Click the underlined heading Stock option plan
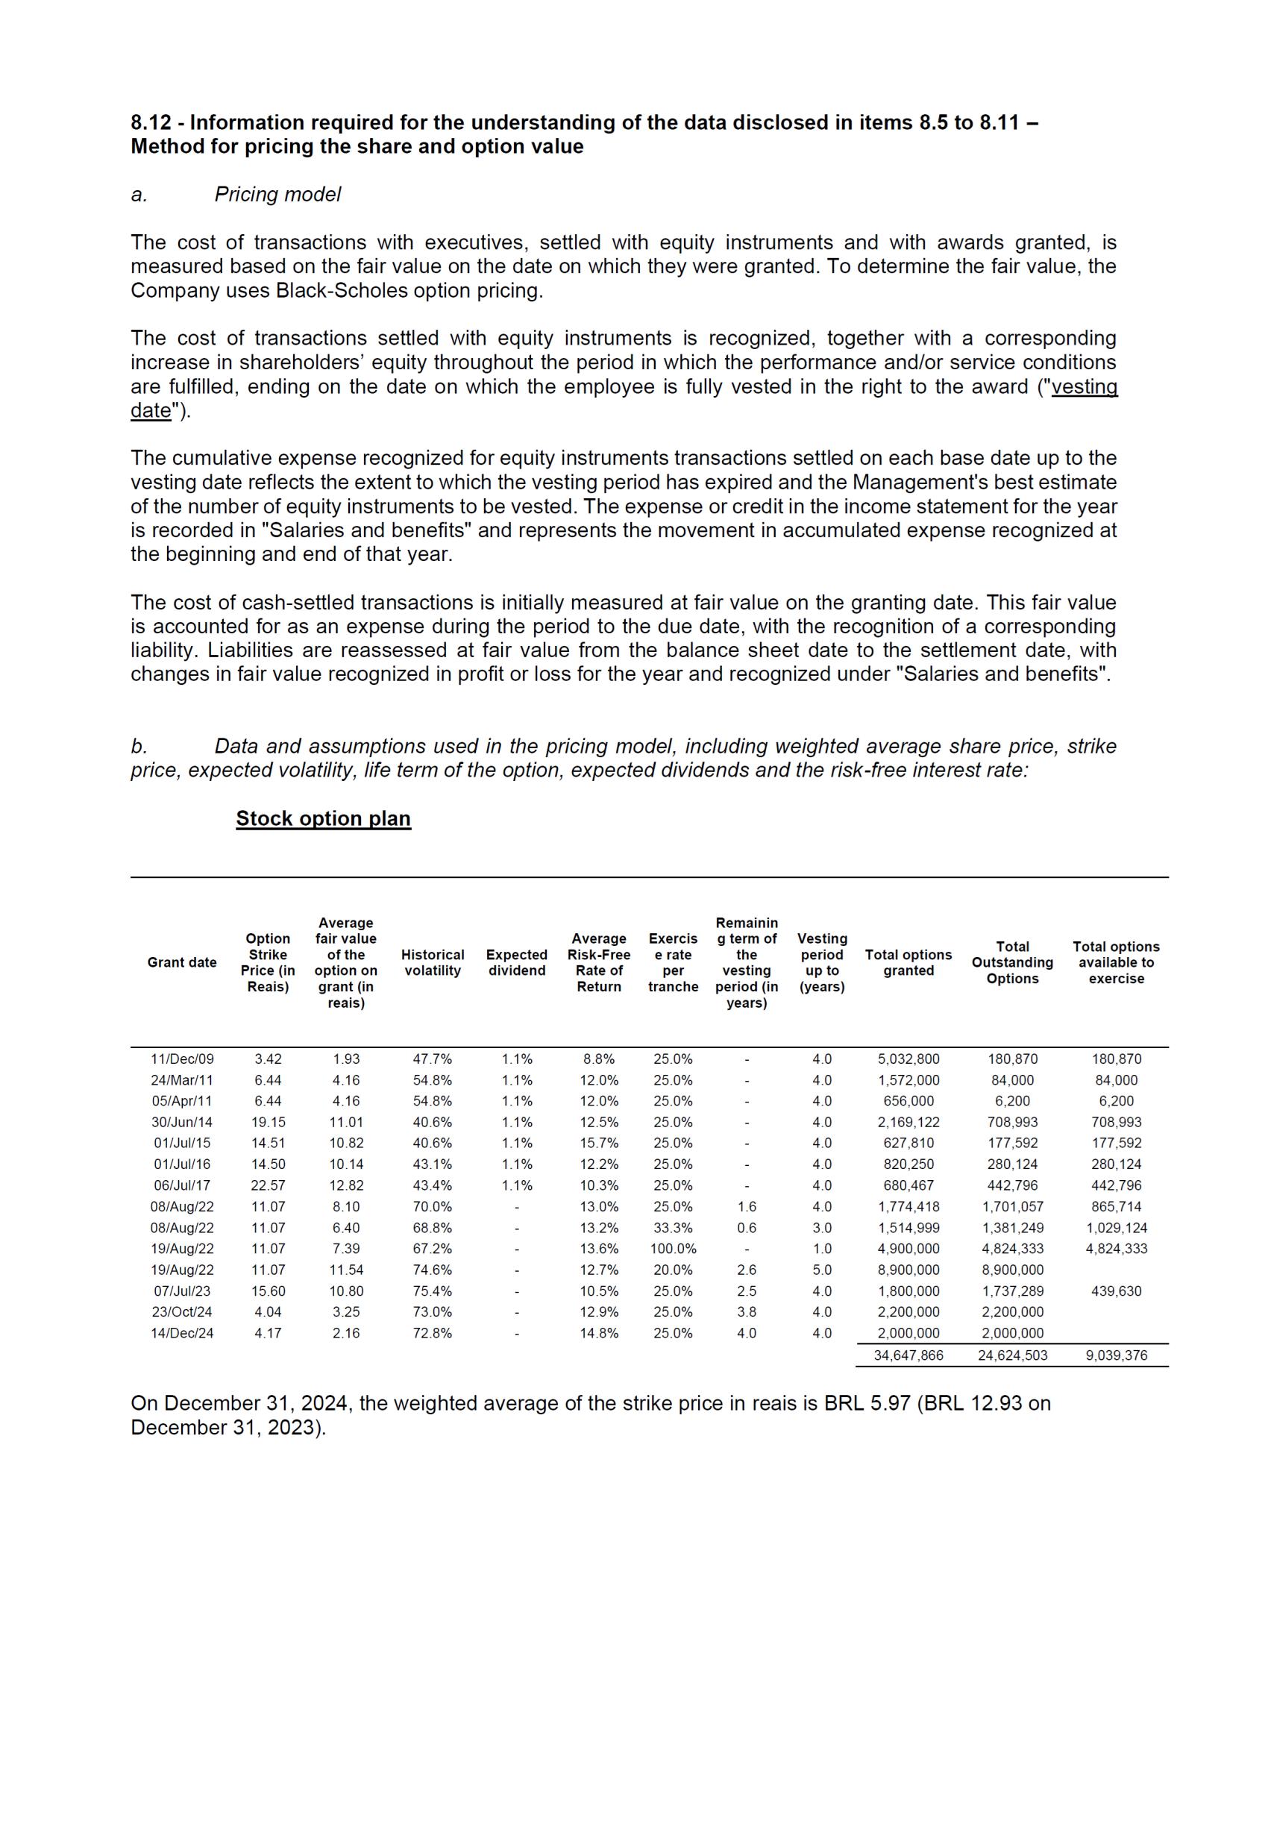coord(324,818)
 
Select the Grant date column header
coord(182,962)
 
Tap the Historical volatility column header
coord(432,962)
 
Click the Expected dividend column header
coord(516,962)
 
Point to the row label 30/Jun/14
coord(182,1122)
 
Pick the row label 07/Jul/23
coord(182,1291)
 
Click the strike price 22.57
coord(269,1185)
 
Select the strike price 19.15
coord(269,1122)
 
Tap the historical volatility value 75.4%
coord(432,1291)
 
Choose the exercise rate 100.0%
coord(673,1248)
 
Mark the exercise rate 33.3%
coord(673,1228)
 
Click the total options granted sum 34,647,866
coord(908,1355)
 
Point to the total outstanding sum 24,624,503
coord(1012,1355)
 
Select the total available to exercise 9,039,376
coord(1117,1355)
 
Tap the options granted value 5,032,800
coord(908,1059)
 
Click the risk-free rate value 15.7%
coord(598,1144)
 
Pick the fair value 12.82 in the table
coord(345,1185)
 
